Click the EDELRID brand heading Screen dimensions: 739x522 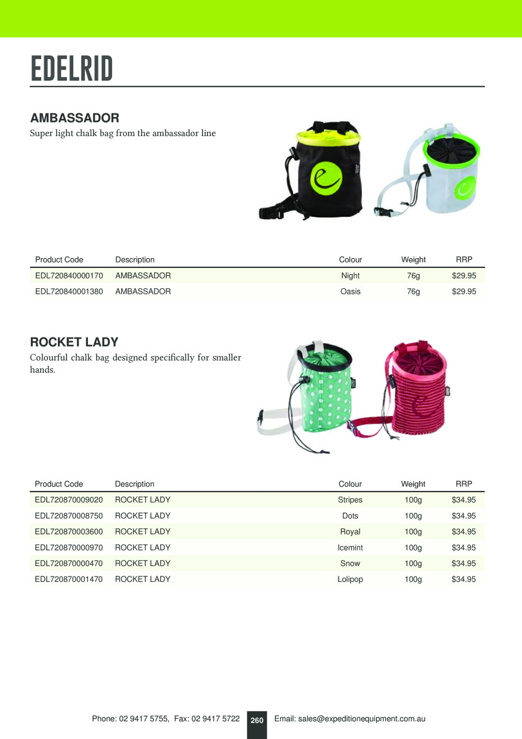pos(71,68)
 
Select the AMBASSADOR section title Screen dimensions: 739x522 pos(74,118)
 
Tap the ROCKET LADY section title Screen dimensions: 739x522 pos(74,342)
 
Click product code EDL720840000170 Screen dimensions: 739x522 pos(69,276)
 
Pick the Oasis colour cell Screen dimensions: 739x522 pos(350,291)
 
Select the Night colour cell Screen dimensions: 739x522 pos(350,276)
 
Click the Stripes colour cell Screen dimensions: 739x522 pos(350,500)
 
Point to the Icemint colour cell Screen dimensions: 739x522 pos(350,547)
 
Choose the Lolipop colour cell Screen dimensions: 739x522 pos(350,579)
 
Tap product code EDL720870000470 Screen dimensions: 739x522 pos(69,563)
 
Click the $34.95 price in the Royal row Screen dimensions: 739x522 pos(464,531)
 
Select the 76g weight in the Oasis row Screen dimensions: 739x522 pos(413,291)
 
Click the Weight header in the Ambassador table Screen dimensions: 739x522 pos(413,260)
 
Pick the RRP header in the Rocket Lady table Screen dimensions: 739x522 pos(464,484)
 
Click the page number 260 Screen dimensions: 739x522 pos(257,720)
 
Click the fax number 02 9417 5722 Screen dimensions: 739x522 pos(215,719)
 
